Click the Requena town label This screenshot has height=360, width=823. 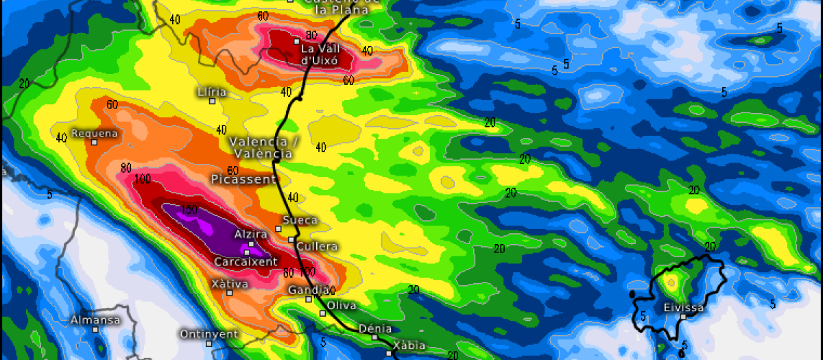[x=95, y=134]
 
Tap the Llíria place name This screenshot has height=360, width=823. [x=211, y=91]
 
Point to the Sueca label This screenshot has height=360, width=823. [x=300, y=220]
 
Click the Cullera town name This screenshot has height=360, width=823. [x=317, y=246]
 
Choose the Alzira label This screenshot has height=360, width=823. [x=250, y=235]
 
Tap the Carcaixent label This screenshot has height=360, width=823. [x=246, y=262]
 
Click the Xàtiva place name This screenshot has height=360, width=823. [x=230, y=284]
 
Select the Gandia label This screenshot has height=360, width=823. [x=307, y=290]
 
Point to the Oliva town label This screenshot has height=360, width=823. [x=342, y=305]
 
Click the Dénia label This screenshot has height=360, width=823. [x=376, y=329]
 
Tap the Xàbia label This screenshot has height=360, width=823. [x=409, y=346]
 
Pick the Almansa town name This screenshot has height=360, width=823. [x=95, y=320]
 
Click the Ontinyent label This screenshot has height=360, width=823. [x=208, y=334]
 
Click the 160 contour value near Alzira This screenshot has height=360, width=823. [x=190, y=209]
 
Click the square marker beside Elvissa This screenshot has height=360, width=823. [x=682, y=317]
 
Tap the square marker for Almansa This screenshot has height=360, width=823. [x=95, y=329]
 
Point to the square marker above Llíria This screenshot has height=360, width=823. [x=213, y=101]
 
